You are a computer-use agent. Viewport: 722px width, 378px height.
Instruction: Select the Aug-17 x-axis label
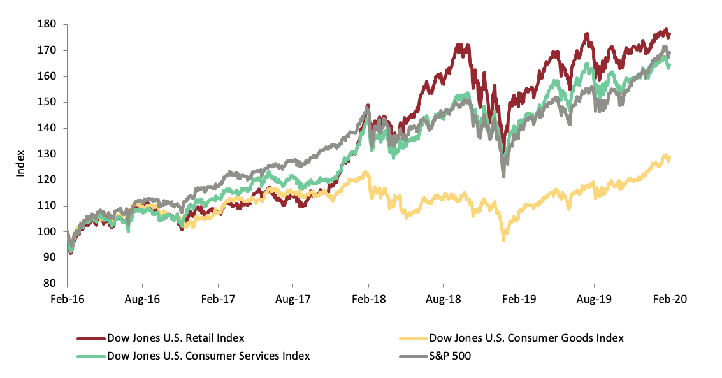coord(292,298)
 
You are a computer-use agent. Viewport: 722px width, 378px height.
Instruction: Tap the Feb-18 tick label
coord(368,298)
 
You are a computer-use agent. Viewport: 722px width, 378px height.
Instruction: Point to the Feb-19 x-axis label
coord(519,298)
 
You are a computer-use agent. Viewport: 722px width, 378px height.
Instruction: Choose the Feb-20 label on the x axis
coord(670,298)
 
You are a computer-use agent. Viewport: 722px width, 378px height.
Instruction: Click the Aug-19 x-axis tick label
coord(594,298)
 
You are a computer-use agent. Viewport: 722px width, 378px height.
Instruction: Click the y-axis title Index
coord(20,163)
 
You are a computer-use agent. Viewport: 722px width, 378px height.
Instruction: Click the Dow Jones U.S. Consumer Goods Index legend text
coord(526,338)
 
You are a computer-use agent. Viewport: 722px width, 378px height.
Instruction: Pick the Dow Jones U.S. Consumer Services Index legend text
coord(208,356)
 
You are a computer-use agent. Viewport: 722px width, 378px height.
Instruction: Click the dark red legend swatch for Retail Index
coord(90,338)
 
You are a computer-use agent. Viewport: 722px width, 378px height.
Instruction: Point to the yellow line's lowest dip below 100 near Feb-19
coord(503,239)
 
